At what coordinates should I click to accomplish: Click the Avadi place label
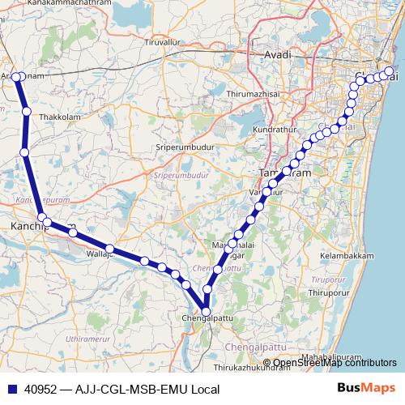278,54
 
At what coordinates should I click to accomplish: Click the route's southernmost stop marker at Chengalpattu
206,311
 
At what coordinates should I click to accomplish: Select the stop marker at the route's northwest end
17,77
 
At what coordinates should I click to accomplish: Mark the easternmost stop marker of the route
390,72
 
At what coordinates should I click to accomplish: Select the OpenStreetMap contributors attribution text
333,364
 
